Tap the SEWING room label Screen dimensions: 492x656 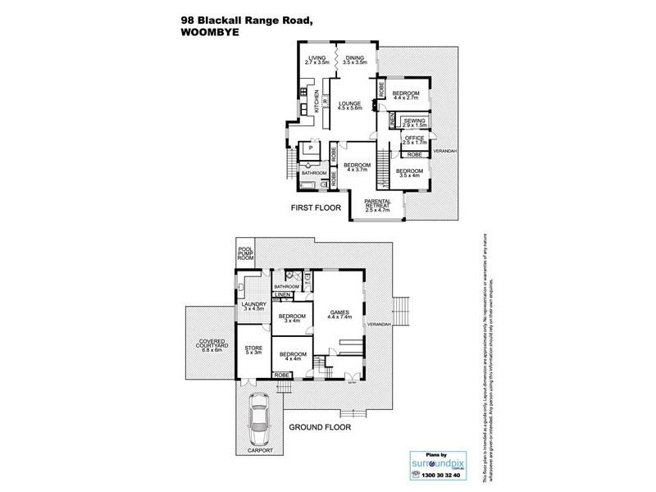(408, 121)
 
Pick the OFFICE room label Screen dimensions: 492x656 (414, 139)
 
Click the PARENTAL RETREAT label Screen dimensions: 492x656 (378, 204)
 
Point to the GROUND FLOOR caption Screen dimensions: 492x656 (321, 427)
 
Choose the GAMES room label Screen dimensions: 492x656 (339, 312)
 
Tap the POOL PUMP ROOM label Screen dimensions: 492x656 (245, 253)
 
